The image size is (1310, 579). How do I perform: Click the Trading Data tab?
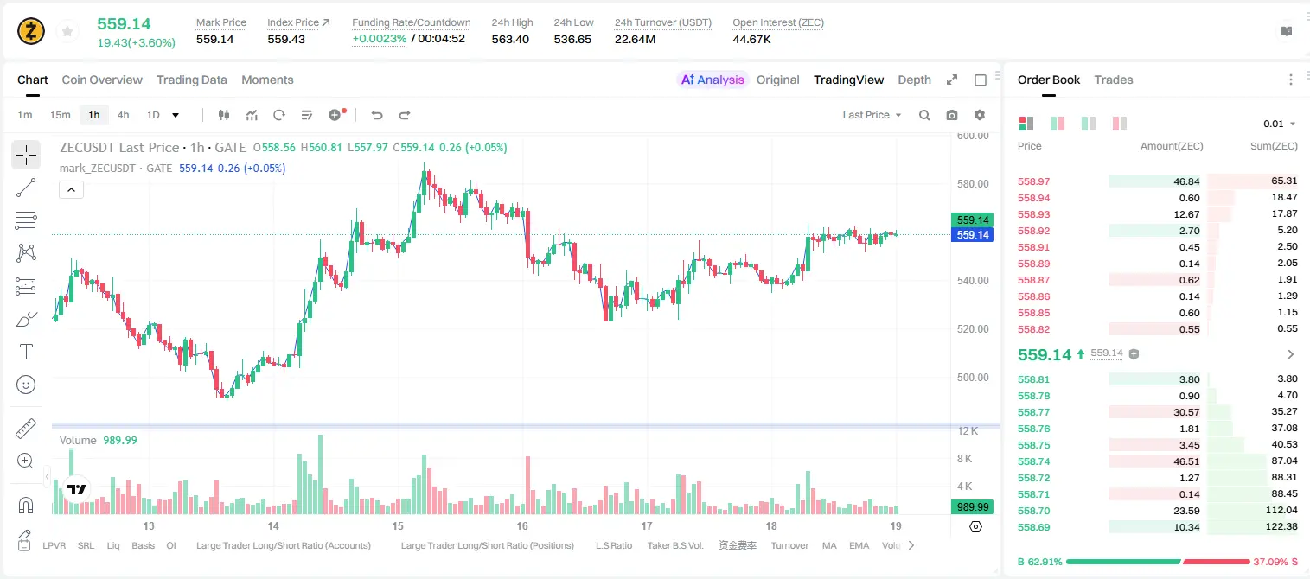pyautogui.click(x=191, y=80)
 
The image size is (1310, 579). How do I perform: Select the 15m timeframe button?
pyautogui.click(x=61, y=115)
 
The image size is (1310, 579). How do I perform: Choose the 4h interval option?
pyautogui.click(x=123, y=115)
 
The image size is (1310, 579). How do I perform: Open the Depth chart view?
pyautogui.click(x=914, y=80)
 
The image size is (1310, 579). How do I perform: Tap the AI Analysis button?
pyautogui.click(x=713, y=80)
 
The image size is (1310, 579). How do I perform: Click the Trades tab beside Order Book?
pyautogui.click(x=1114, y=80)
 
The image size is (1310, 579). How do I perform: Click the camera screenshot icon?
pyautogui.click(x=952, y=115)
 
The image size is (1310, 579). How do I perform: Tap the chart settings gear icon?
pyautogui.click(x=980, y=115)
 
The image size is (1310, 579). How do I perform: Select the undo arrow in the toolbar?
pyautogui.click(x=377, y=115)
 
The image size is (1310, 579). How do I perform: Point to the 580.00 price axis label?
pyautogui.click(x=973, y=184)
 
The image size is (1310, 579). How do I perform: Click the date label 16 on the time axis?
pyautogui.click(x=522, y=525)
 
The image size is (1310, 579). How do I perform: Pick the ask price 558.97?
pyautogui.click(x=1033, y=181)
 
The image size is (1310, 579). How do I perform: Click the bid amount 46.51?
pyautogui.click(x=1186, y=461)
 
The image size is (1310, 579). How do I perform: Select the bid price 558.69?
pyautogui.click(x=1033, y=527)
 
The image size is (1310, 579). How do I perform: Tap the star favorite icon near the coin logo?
pyautogui.click(x=67, y=31)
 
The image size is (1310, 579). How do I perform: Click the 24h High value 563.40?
pyautogui.click(x=510, y=39)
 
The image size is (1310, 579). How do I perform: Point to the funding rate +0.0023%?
pyautogui.click(x=379, y=39)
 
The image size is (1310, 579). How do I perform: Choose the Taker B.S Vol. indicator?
pyautogui.click(x=674, y=545)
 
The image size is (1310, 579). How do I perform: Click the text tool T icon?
pyautogui.click(x=26, y=352)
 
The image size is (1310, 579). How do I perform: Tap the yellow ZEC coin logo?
pyautogui.click(x=31, y=31)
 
